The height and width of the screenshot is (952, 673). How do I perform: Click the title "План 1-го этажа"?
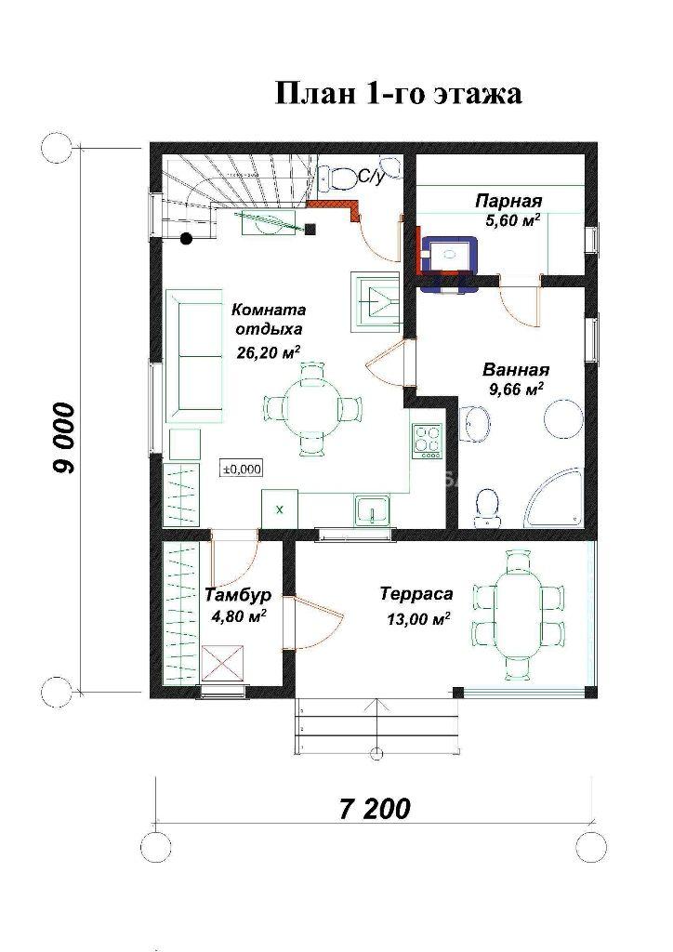399,94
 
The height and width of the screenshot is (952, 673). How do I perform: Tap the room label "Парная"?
508,201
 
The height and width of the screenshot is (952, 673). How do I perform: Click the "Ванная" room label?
516,370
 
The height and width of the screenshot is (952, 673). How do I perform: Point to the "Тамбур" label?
238,594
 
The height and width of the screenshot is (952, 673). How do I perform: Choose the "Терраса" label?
417,594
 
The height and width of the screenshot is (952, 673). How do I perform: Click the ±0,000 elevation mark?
242,469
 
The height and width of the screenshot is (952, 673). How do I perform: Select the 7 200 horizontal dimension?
374,809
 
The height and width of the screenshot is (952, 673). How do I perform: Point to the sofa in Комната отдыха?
194,356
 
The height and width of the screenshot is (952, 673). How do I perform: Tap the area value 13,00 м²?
418,618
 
